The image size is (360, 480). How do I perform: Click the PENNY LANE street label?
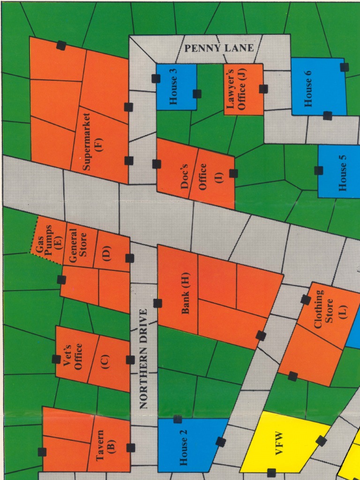point(219,48)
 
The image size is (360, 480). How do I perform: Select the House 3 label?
point(173,87)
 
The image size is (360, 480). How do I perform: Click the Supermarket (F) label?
point(92,142)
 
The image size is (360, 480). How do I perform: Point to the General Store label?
point(78,245)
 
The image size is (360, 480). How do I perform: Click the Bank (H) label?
point(186,294)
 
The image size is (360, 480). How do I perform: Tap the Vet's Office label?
point(74,356)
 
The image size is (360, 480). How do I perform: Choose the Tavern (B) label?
point(105,445)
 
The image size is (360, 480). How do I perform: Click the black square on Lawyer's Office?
point(263,89)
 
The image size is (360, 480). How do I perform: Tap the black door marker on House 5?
point(319,170)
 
